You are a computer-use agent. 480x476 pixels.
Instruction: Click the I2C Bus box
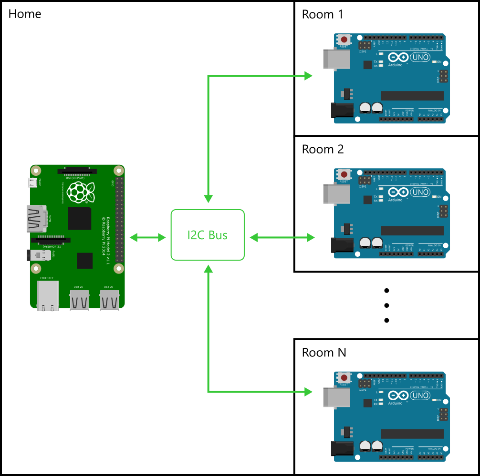tap(208, 235)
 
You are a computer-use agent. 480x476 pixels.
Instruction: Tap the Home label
tap(25, 14)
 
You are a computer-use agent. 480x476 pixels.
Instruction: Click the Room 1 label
tap(323, 14)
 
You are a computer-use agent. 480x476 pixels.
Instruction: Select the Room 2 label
tap(323, 149)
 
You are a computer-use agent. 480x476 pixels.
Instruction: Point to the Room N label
tap(323, 353)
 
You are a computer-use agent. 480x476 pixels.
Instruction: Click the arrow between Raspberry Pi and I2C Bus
tap(147, 237)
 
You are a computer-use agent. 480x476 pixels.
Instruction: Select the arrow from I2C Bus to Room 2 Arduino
tap(282, 237)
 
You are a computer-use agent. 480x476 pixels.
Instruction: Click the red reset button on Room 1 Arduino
tap(344, 40)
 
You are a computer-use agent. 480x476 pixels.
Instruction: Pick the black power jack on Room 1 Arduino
tap(342, 111)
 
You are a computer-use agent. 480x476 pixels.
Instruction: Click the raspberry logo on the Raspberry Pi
tap(77, 192)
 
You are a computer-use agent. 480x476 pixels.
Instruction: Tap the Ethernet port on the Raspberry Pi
tap(48, 295)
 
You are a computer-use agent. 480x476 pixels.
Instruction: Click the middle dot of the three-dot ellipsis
tap(387, 305)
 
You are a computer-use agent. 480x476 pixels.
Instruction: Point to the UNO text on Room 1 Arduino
tap(420, 57)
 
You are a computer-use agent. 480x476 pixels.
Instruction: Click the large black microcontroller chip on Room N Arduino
tap(412, 434)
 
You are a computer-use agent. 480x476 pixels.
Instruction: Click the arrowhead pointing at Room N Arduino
tap(308, 392)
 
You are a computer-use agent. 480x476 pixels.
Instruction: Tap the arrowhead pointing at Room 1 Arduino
tap(308, 75)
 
